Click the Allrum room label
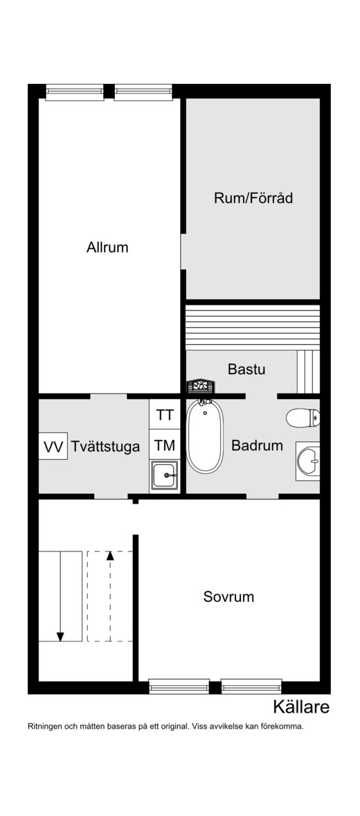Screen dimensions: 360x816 [x=107, y=247]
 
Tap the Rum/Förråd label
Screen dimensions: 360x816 [x=253, y=198]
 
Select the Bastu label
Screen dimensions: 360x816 [x=246, y=369]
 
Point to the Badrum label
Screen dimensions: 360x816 [x=257, y=445]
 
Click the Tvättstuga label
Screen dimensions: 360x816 [x=106, y=447]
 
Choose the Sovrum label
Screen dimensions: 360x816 [x=229, y=596]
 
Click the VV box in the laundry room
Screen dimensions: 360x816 [x=53, y=447]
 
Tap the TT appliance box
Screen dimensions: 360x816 [x=165, y=415]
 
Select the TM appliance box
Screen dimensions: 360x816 [x=165, y=445]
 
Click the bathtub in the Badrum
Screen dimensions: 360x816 [x=205, y=436]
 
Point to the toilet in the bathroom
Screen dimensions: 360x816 [x=303, y=418]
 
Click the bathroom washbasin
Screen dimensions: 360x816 [x=308, y=461]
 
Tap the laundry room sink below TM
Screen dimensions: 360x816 [x=165, y=475]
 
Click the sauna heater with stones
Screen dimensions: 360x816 [x=201, y=387]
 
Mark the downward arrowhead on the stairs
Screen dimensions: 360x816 [x=60, y=637]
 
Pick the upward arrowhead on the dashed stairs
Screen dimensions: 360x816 [x=110, y=556]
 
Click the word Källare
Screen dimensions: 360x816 [x=301, y=707]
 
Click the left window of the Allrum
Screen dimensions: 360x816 [x=74, y=93]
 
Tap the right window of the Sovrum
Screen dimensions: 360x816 [x=251, y=686]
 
